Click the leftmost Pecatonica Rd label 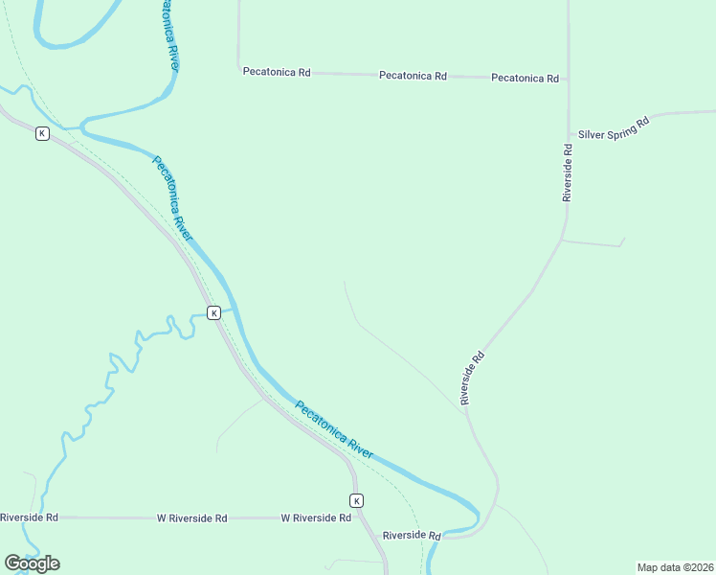[x=277, y=72]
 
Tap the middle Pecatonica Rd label [x=413, y=75]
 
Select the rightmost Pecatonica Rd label [x=525, y=78]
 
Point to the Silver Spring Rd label [x=614, y=128]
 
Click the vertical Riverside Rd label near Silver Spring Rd [x=568, y=172]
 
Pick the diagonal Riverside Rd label [x=473, y=378]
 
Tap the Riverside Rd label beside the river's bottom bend [x=411, y=535]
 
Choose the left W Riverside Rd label [x=191, y=517]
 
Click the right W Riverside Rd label [x=315, y=517]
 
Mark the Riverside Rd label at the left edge [x=29, y=517]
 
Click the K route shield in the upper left [x=42, y=133]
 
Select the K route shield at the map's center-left [x=214, y=312]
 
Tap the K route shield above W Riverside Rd [x=356, y=500]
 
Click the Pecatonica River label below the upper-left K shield [x=172, y=199]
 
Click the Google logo [x=32, y=563]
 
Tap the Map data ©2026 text [x=674, y=567]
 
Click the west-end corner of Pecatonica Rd [x=238, y=68]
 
